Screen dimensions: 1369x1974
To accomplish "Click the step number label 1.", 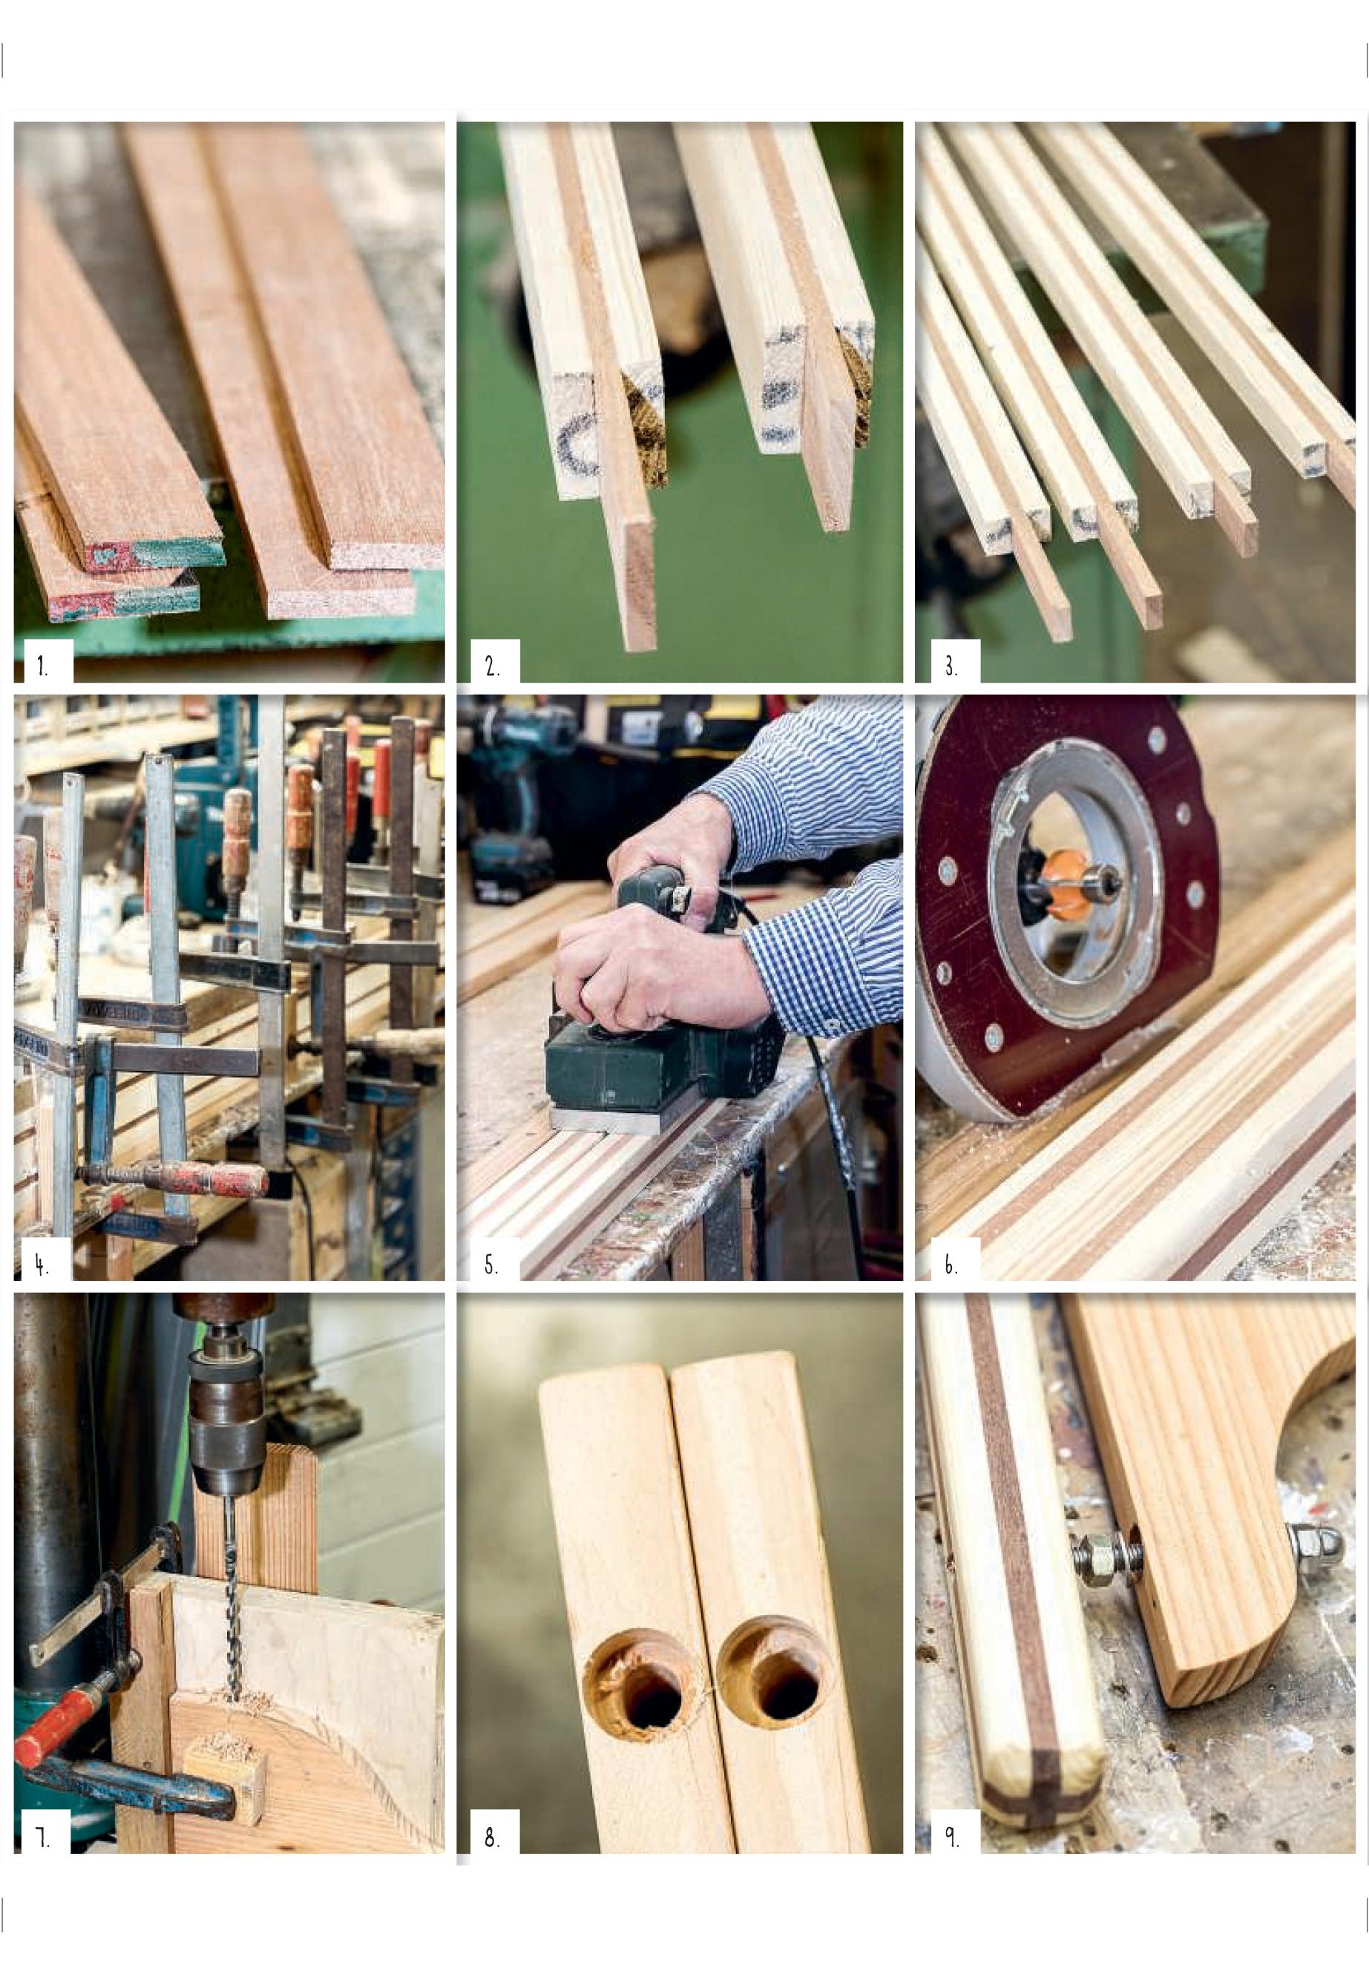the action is tap(40, 665).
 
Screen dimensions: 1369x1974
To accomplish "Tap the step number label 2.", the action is tap(493, 665).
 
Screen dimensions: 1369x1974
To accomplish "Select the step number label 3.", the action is tap(951, 665).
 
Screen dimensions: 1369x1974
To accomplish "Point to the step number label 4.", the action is tap(41, 1265).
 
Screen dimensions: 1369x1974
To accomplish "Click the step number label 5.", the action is tap(491, 1265).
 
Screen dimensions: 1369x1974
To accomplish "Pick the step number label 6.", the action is tap(951, 1265).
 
